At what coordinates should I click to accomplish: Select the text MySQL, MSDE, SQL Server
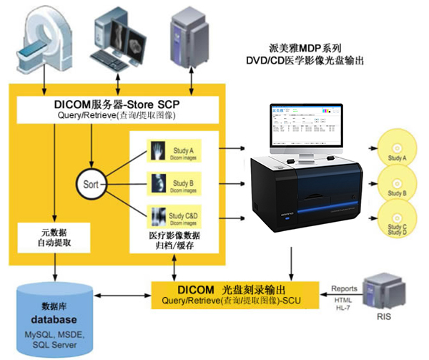tap(54, 341)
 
